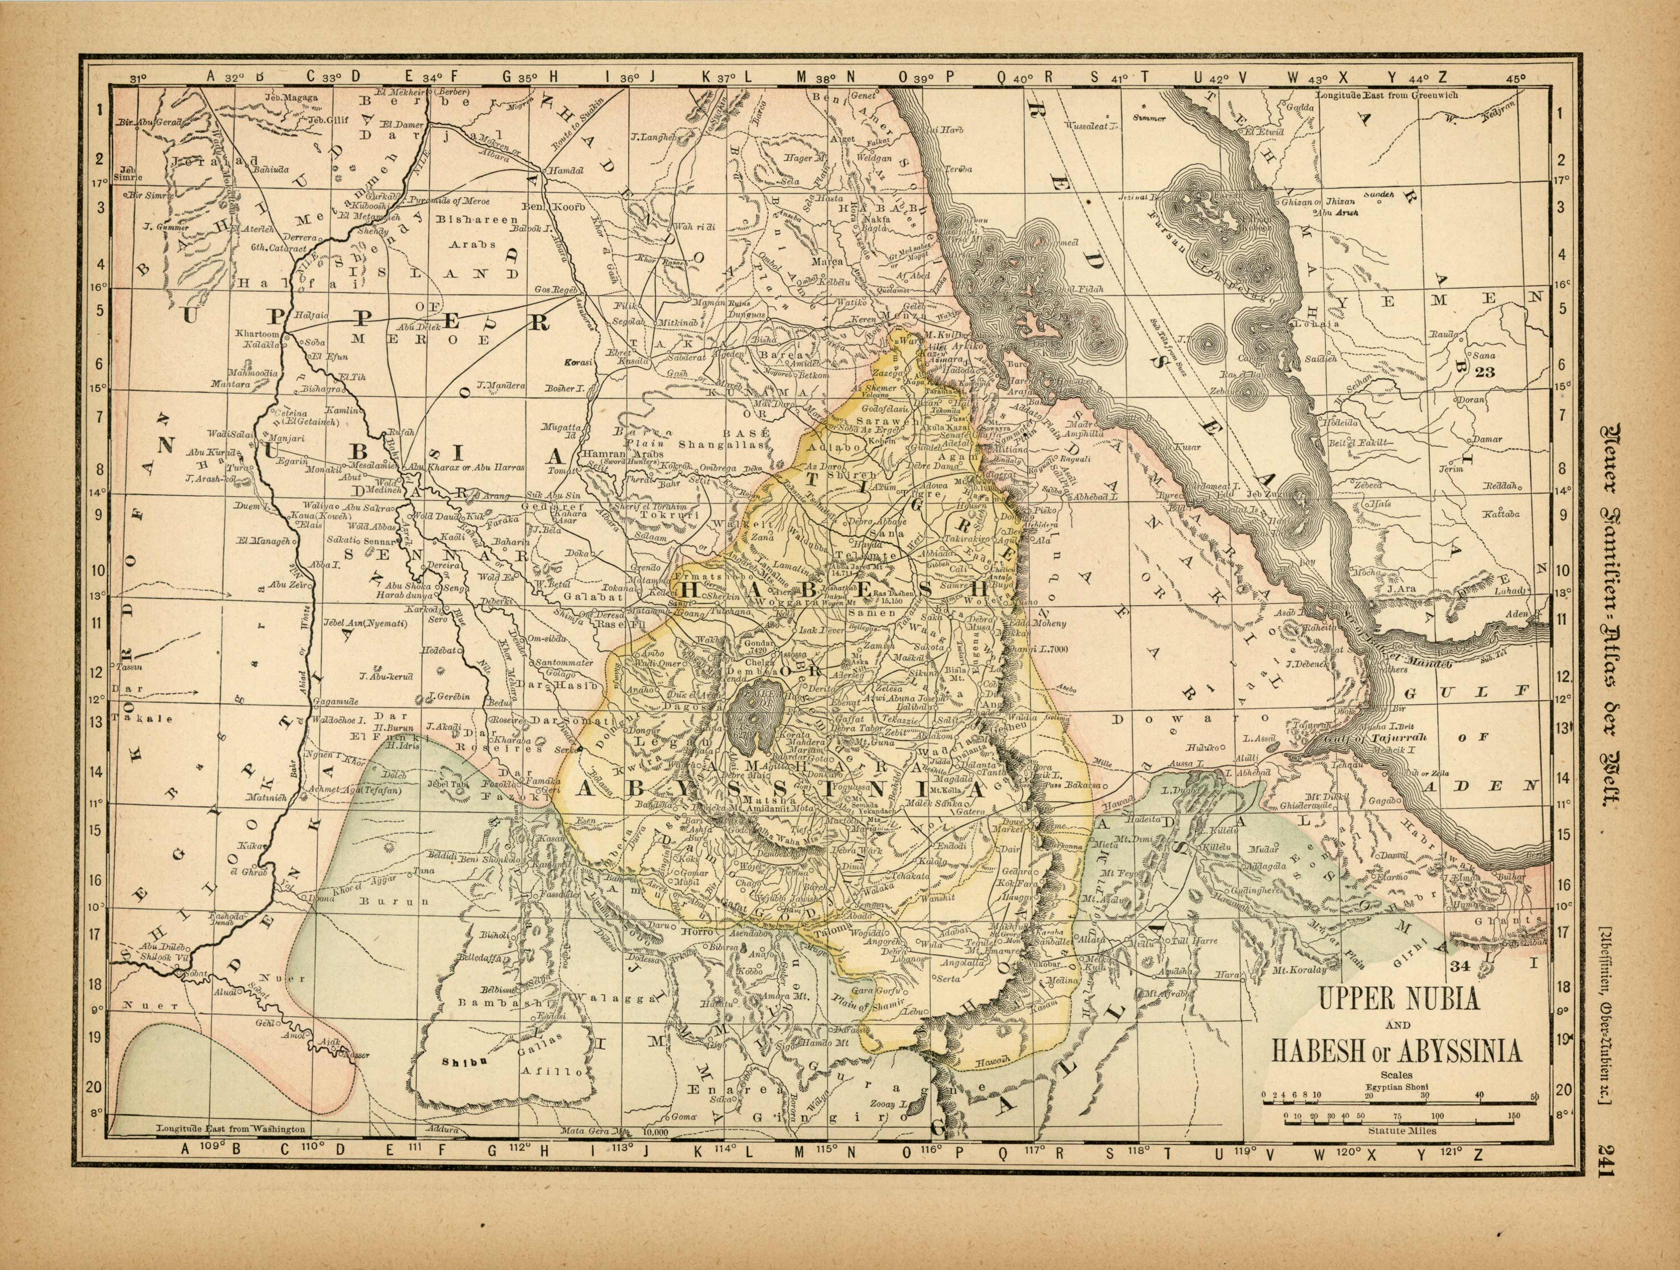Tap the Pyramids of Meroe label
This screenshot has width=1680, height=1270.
point(450,201)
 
